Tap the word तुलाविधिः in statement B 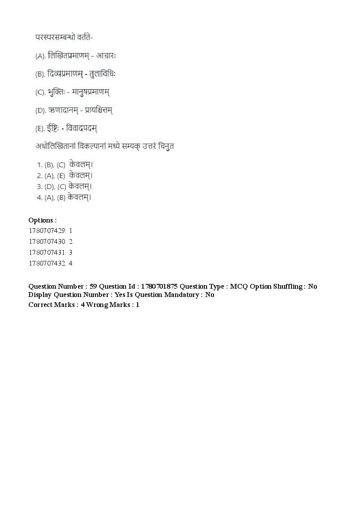[x=102, y=74]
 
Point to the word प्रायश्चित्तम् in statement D [x=98, y=111]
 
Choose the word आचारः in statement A [x=106, y=56]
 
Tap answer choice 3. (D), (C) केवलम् [x=65, y=186]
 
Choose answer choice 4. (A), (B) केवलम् [x=64, y=197]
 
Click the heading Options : [x=42, y=220]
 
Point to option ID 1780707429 [x=47, y=231]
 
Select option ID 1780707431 [x=47, y=253]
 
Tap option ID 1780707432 [x=47, y=263]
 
